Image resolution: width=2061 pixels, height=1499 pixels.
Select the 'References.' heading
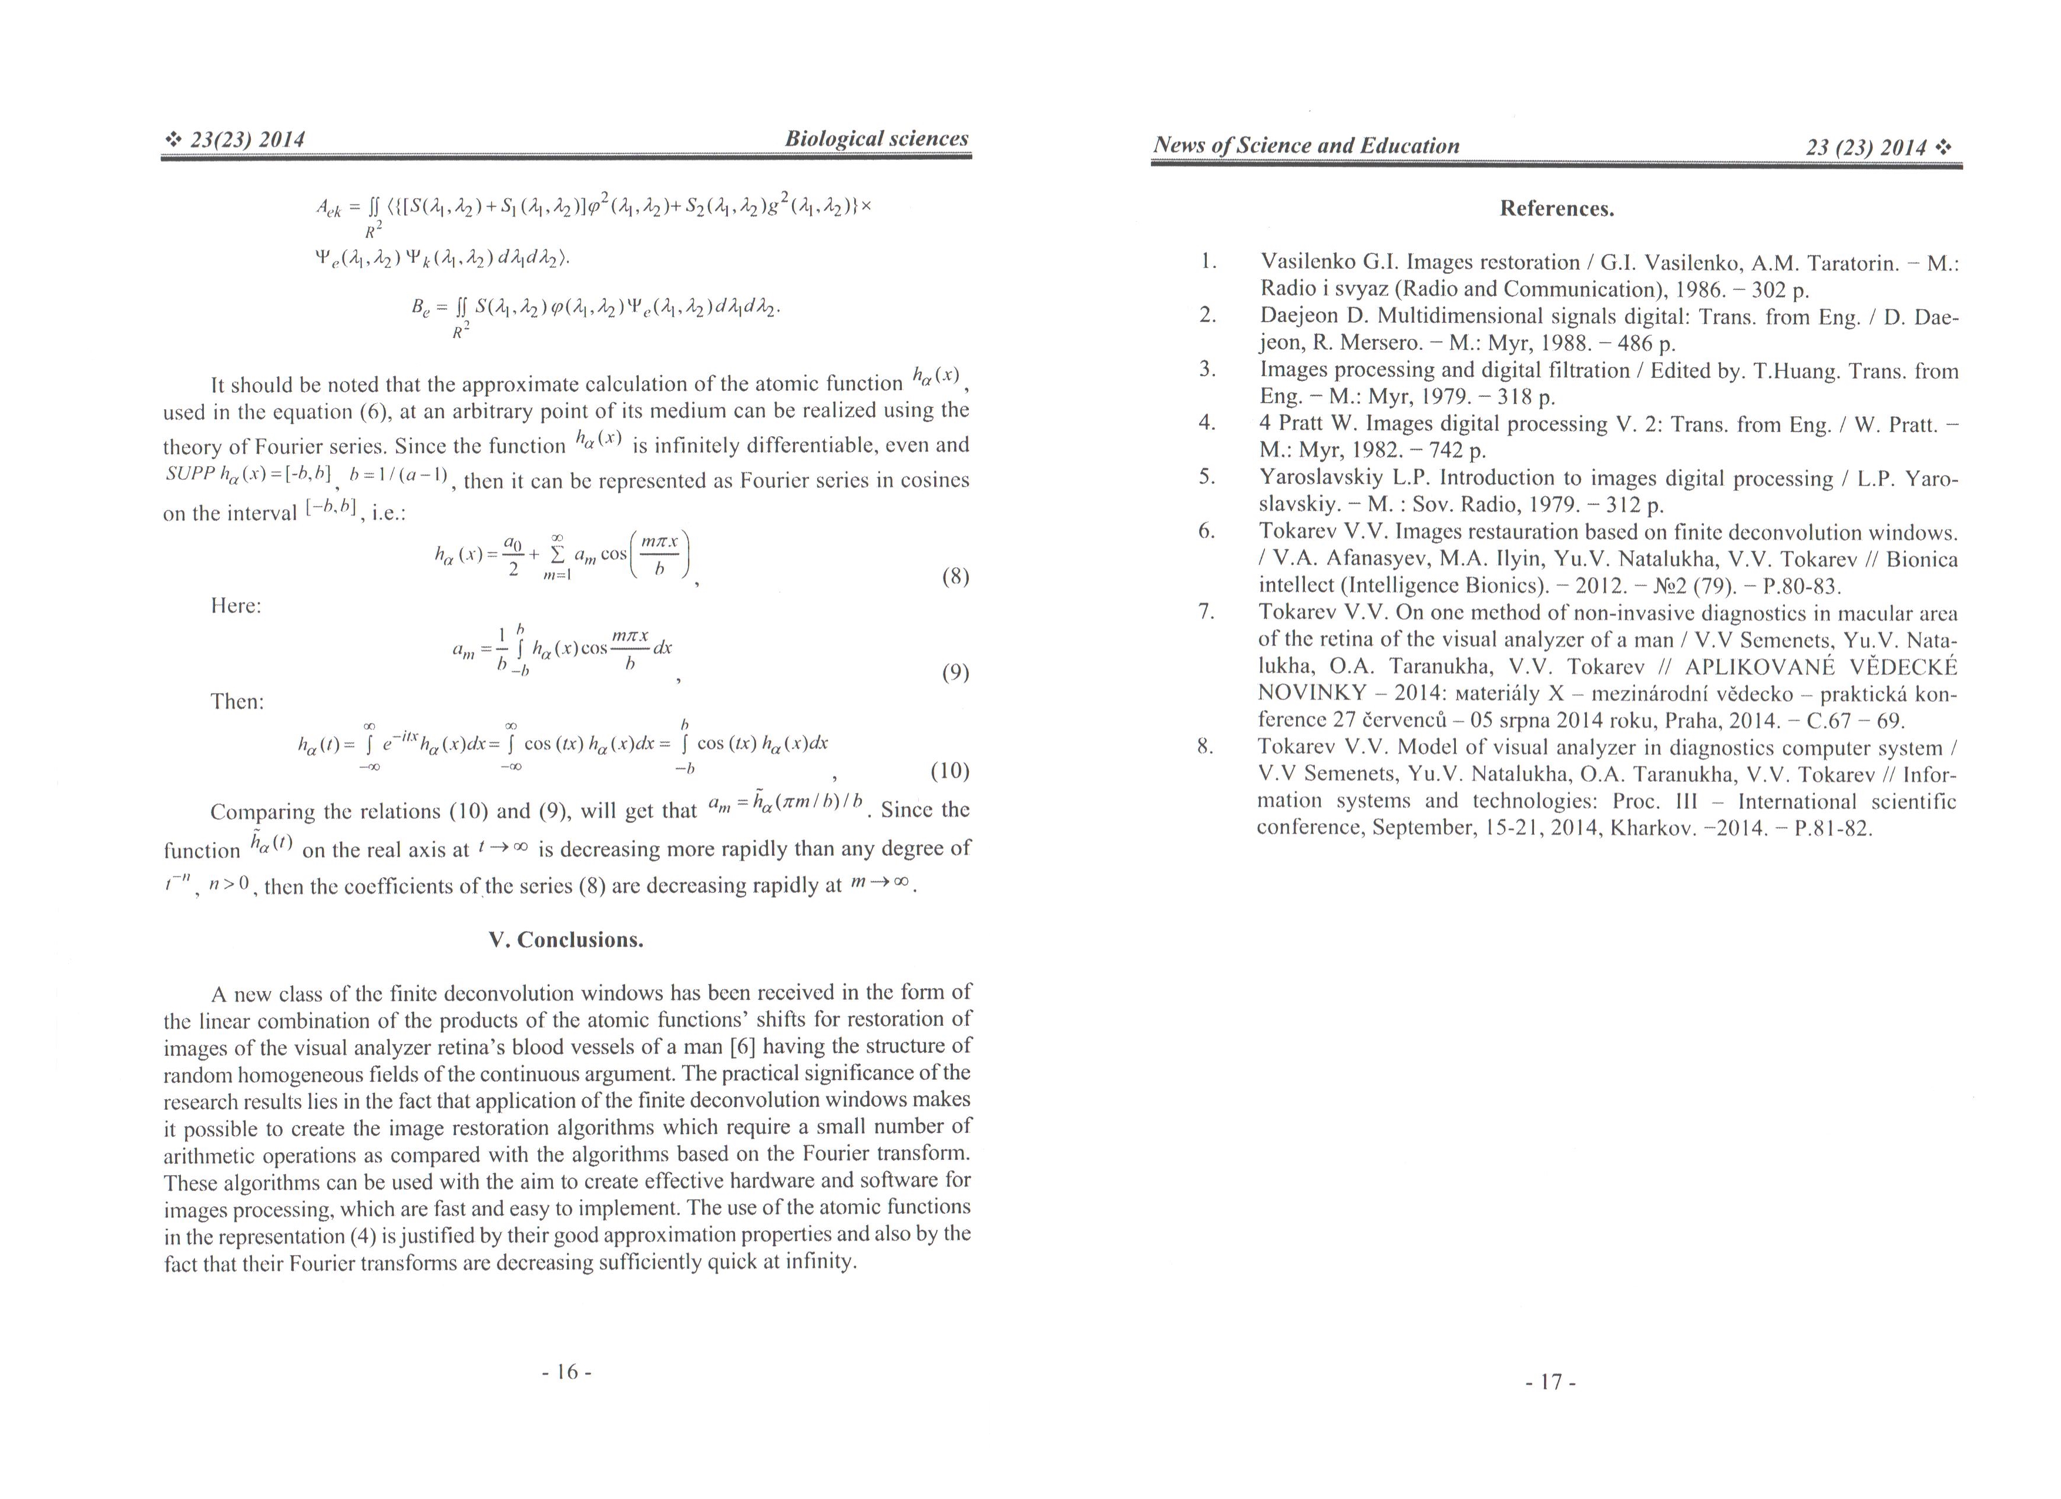coord(1557,209)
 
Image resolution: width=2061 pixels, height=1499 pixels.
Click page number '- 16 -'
coord(566,1372)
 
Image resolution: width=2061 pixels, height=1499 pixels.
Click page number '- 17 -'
coord(1550,1382)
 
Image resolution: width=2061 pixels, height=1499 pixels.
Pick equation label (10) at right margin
coord(951,771)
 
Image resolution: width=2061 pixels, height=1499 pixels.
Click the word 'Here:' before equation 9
coord(236,605)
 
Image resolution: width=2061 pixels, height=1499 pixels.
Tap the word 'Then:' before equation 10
coord(237,702)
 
